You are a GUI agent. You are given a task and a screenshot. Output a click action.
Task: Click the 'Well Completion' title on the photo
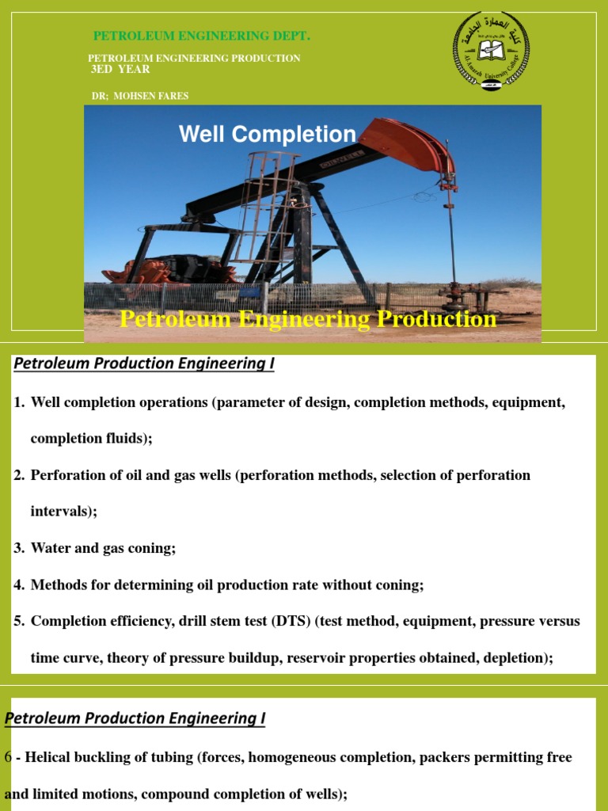pos(267,134)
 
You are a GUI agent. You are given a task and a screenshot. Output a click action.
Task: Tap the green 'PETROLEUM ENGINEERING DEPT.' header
pos(202,36)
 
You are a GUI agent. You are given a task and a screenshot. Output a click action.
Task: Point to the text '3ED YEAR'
pos(120,70)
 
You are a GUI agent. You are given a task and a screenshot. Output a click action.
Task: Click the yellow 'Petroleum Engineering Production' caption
pos(308,319)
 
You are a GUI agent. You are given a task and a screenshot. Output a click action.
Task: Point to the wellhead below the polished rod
pos(456,298)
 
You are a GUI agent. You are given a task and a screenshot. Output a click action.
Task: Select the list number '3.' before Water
pos(20,548)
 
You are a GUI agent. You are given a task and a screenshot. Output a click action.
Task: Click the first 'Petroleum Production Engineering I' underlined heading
pos(144,364)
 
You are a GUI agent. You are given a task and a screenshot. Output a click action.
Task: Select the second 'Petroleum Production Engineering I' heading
pos(135,718)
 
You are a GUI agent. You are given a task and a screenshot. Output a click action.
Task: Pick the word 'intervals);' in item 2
pos(63,512)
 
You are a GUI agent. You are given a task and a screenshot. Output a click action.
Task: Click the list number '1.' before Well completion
pos(20,402)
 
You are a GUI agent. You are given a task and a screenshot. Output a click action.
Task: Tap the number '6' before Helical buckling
pos(8,757)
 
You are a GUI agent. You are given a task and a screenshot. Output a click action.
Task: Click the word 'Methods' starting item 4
pos(57,584)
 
